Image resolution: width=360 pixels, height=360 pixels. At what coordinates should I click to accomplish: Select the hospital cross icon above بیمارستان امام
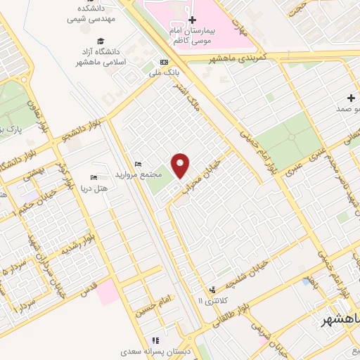[x=193, y=20]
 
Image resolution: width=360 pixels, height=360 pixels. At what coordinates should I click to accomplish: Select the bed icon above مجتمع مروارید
[x=138, y=164]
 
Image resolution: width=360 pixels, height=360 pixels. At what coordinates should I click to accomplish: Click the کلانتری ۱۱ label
[x=209, y=300]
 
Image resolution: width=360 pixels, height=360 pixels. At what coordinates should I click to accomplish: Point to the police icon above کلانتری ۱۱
[x=211, y=289]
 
